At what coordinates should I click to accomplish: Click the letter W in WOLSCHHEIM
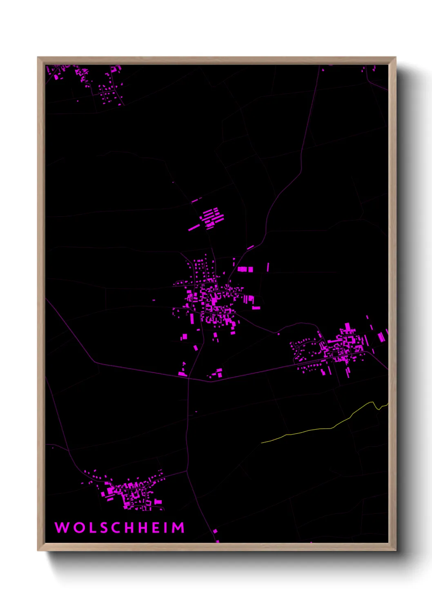62,528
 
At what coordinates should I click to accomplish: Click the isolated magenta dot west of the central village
154,300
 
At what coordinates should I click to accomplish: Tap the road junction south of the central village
189,378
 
